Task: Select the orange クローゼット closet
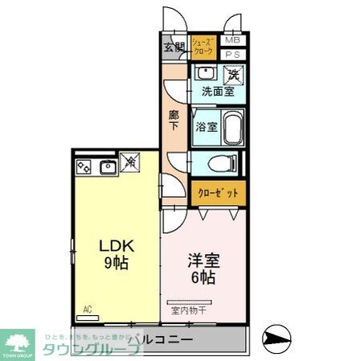(218, 194)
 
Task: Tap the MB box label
(232, 39)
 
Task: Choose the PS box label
(232, 54)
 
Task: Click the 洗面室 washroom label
(217, 91)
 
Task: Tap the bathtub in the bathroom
(231, 127)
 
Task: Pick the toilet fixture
(220, 163)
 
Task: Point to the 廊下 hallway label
(174, 120)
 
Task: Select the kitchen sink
(108, 167)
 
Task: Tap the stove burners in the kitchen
(84, 167)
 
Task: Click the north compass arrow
(280, 338)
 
